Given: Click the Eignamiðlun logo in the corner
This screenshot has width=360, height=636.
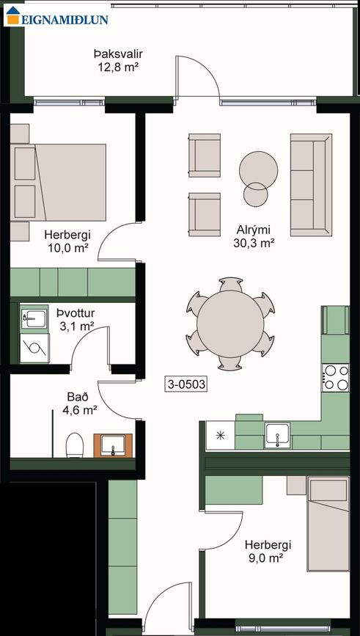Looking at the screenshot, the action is [x=57, y=16].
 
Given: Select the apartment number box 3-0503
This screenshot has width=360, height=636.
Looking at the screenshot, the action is [x=186, y=384].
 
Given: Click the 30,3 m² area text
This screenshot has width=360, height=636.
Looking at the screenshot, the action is [x=254, y=243].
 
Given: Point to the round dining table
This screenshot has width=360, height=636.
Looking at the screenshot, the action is [x=230, y=324].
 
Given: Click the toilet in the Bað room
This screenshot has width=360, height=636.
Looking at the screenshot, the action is [x=75, y=445].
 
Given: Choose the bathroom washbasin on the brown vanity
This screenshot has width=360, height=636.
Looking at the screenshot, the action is [x=113, y=446].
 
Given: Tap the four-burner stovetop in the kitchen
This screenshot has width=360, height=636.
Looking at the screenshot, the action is [x=335, y=377].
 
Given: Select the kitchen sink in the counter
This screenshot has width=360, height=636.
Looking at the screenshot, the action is [x=277, y=435].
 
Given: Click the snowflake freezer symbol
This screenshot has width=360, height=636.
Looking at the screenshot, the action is [x=220, y=436].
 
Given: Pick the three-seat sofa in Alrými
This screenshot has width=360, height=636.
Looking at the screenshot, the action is [x=311, y=185].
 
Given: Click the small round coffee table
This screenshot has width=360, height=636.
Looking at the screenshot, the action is [x=255, y=194].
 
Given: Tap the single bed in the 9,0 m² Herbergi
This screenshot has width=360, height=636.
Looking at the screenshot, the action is [x=328, y=524].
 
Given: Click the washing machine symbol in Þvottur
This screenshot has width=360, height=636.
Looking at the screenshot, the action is [x=34, y=348].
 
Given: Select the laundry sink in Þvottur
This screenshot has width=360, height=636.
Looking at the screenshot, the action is [x=34, y=318].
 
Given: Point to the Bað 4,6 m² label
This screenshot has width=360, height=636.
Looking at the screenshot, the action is [x=80, y=404].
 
